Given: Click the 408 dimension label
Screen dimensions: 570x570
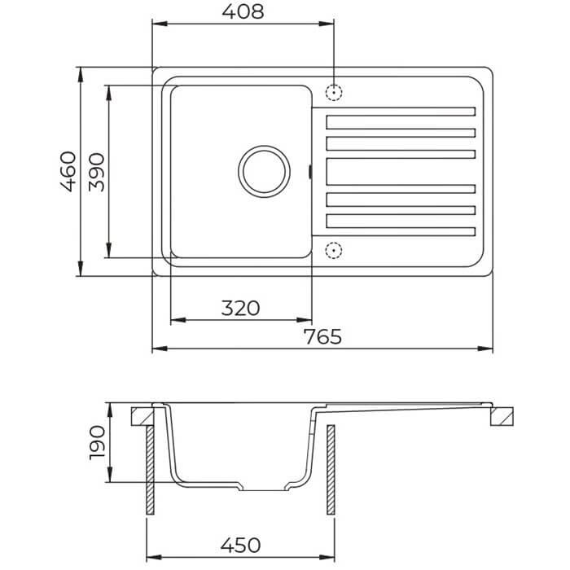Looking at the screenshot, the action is (x=243, y=11).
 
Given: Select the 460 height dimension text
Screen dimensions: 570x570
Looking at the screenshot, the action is (x=68, y=171).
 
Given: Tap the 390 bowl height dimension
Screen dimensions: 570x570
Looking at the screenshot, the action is (x=96, y=173).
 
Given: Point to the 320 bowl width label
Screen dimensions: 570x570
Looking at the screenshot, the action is (x=241, y=308).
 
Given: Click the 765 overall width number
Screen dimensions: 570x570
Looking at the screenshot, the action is (x=322, y=336).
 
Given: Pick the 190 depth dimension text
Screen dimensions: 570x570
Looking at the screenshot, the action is (x=98, y=443).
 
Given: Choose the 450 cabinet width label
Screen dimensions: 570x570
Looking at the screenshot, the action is (x=240, y=546).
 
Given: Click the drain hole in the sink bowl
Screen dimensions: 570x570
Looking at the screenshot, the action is (x=265, y=172).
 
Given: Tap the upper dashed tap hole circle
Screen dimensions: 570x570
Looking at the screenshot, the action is (x=333, y=92).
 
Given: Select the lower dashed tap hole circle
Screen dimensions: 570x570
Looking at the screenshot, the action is (x=333, y=250).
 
